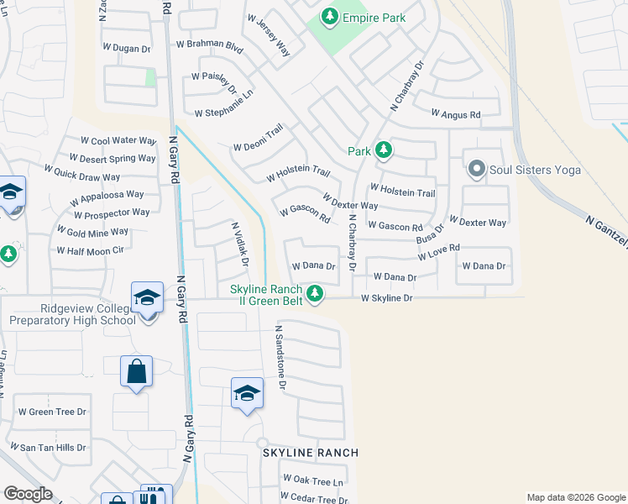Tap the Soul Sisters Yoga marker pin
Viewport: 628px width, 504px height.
click(x=476, y=170)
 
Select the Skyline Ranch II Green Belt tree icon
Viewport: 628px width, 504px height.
click(x=315, y=293)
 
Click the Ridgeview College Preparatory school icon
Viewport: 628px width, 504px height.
click(x=146, y=299)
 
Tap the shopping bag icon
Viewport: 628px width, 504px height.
click(x=136, y=371)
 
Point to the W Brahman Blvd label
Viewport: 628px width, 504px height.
click(x=209, y=46)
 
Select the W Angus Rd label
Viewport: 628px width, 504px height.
click(x=455, y=113)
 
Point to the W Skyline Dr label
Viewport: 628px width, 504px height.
click(x=387, y=298)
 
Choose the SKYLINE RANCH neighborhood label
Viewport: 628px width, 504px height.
click(x=311, y=453)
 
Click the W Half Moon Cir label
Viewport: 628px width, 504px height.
click(x=90, y=250)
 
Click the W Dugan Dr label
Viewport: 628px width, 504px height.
click(x=128, y=50)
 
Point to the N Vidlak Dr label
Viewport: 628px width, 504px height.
click(x=239, y=244)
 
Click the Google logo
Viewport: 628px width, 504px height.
click(x=29, y=494)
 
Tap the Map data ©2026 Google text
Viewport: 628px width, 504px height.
click(x=576, y=497)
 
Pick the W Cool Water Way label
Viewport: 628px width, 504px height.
click(x=118, y=141)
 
